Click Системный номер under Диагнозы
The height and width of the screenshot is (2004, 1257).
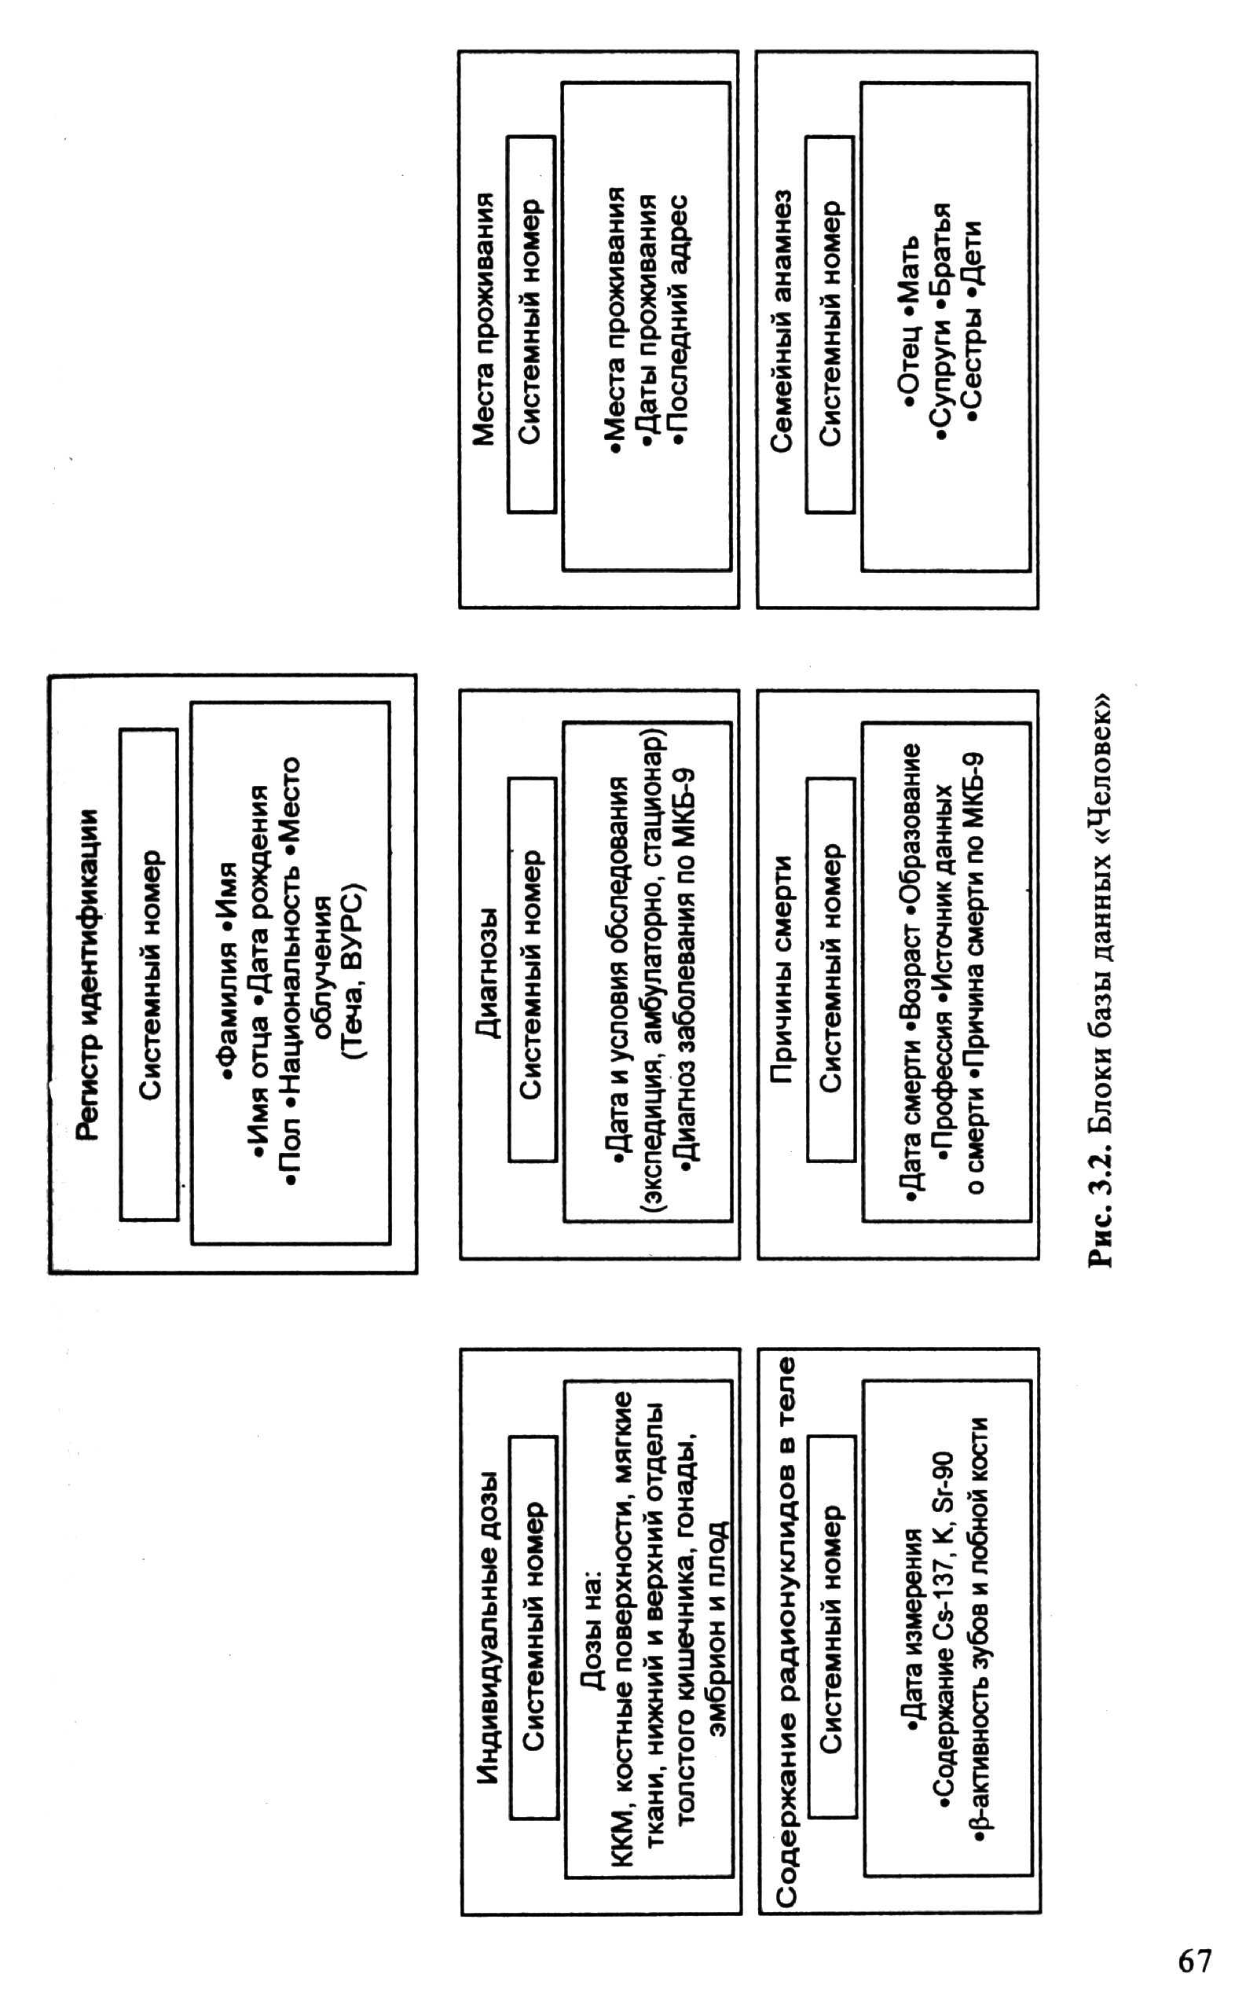coord(532,970)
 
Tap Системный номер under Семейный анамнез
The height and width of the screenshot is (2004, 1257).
coord(830,323)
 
